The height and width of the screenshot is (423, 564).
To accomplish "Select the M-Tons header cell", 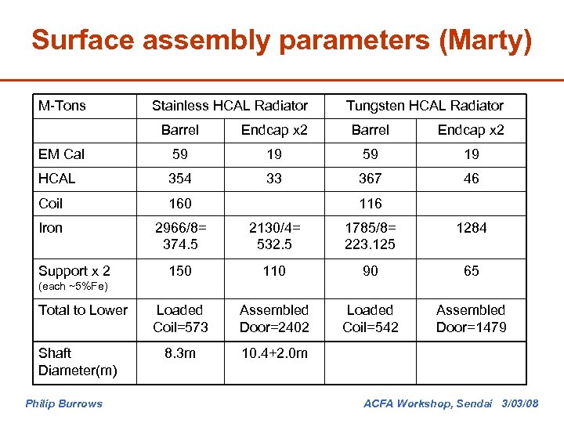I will pyautogui.click(x=62, y=105).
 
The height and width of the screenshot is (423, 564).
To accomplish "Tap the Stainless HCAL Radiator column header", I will pyautogui.click(x=230, y=105).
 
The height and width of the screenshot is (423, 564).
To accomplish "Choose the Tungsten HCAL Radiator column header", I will pyautogui.click(x=425, y=105).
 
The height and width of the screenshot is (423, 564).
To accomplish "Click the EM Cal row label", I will pyautogui.click(x=61, y=154).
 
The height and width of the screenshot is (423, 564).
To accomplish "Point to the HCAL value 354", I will pyautogui.click(x=179, y=179).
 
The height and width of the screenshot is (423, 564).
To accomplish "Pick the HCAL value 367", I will pyautogui.click(x=370, y=179).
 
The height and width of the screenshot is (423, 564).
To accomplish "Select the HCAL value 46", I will pyautogui.click(x=471, y=179).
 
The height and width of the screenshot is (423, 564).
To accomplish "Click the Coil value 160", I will pyautogui.click(x=179, y=204).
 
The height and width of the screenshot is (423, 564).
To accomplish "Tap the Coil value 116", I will pyautogui.click(x=370, y=204).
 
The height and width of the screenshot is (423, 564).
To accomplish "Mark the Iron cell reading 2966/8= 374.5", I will pyautogui.click(x=179, y=237).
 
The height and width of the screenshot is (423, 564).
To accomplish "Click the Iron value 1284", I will pyautogui.click(x=471, y=228).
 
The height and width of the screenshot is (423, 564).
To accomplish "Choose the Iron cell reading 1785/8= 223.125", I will pyautogui.click(x=370, y=237).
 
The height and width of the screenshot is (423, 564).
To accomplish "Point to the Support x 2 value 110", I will pyautogui.click(x=274, y=271).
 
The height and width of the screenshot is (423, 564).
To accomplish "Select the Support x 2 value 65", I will pyautogui.click(x=471, y=271).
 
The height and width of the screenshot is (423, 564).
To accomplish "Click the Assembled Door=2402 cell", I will pyautogui.click(x=274, y=319).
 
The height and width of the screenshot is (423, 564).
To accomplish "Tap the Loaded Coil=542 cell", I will pyautogui.click(x=370, y=319).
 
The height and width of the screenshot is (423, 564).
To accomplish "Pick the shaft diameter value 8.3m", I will pyautogui.click(x=179, y=353).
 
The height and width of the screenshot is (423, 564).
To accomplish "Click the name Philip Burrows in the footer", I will pyautogui.click(x=63, y=404).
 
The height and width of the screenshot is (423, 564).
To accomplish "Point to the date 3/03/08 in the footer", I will pyautogui.click(x=519, y=404).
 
